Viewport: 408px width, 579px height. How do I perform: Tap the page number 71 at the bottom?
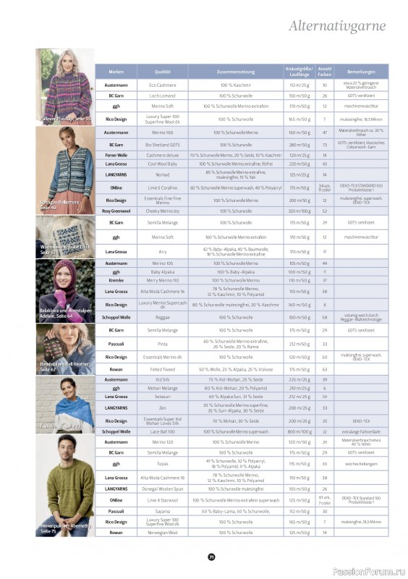[211, 557]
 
